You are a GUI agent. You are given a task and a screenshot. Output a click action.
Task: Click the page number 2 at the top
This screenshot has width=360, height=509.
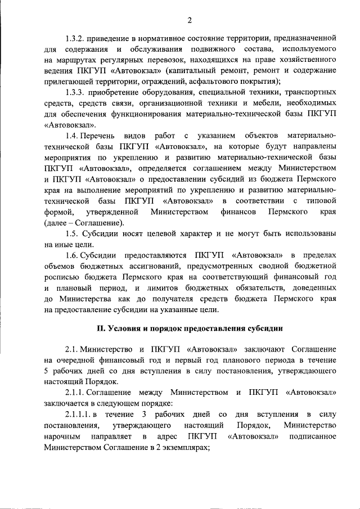tap(190, 20)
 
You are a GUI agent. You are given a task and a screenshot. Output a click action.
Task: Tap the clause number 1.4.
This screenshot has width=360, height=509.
tap(73, 137)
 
